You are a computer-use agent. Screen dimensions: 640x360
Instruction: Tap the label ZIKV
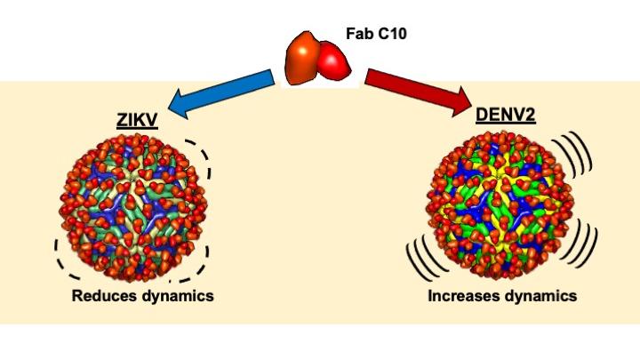(137, 120)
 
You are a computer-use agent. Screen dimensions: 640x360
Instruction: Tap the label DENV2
(505, 115)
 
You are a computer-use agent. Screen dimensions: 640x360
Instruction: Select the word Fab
(360, 34)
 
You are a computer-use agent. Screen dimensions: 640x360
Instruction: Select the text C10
(392, 34)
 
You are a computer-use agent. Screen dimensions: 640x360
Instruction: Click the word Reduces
(105, 295)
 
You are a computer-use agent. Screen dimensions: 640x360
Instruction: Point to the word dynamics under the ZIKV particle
(178, 296)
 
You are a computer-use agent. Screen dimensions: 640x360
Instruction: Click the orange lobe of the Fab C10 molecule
(303, 58)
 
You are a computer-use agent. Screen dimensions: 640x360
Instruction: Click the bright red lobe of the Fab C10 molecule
(334, 60)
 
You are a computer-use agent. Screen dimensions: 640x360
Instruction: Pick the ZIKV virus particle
(134, 207)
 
